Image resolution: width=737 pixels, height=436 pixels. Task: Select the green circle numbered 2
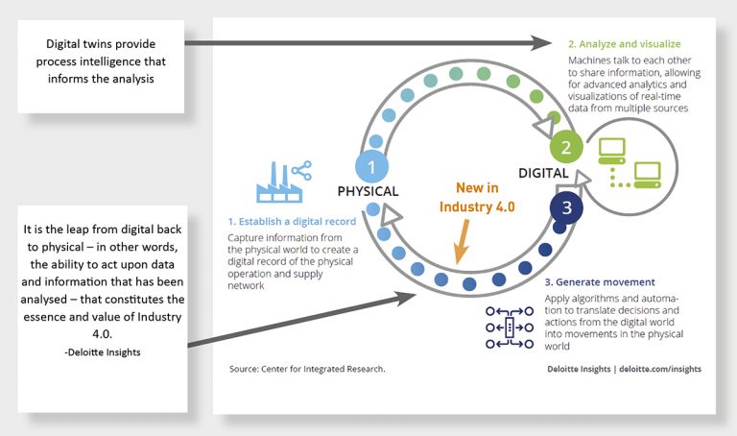point(566,148)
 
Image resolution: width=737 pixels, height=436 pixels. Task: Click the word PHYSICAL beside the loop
point(368,191)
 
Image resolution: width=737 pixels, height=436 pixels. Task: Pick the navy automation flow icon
point(505,327)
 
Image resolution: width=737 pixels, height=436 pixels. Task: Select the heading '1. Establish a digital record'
point(292,222)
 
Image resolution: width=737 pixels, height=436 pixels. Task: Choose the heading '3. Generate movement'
point(600,282)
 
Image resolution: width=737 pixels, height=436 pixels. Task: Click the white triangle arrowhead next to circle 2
point(542,127)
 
